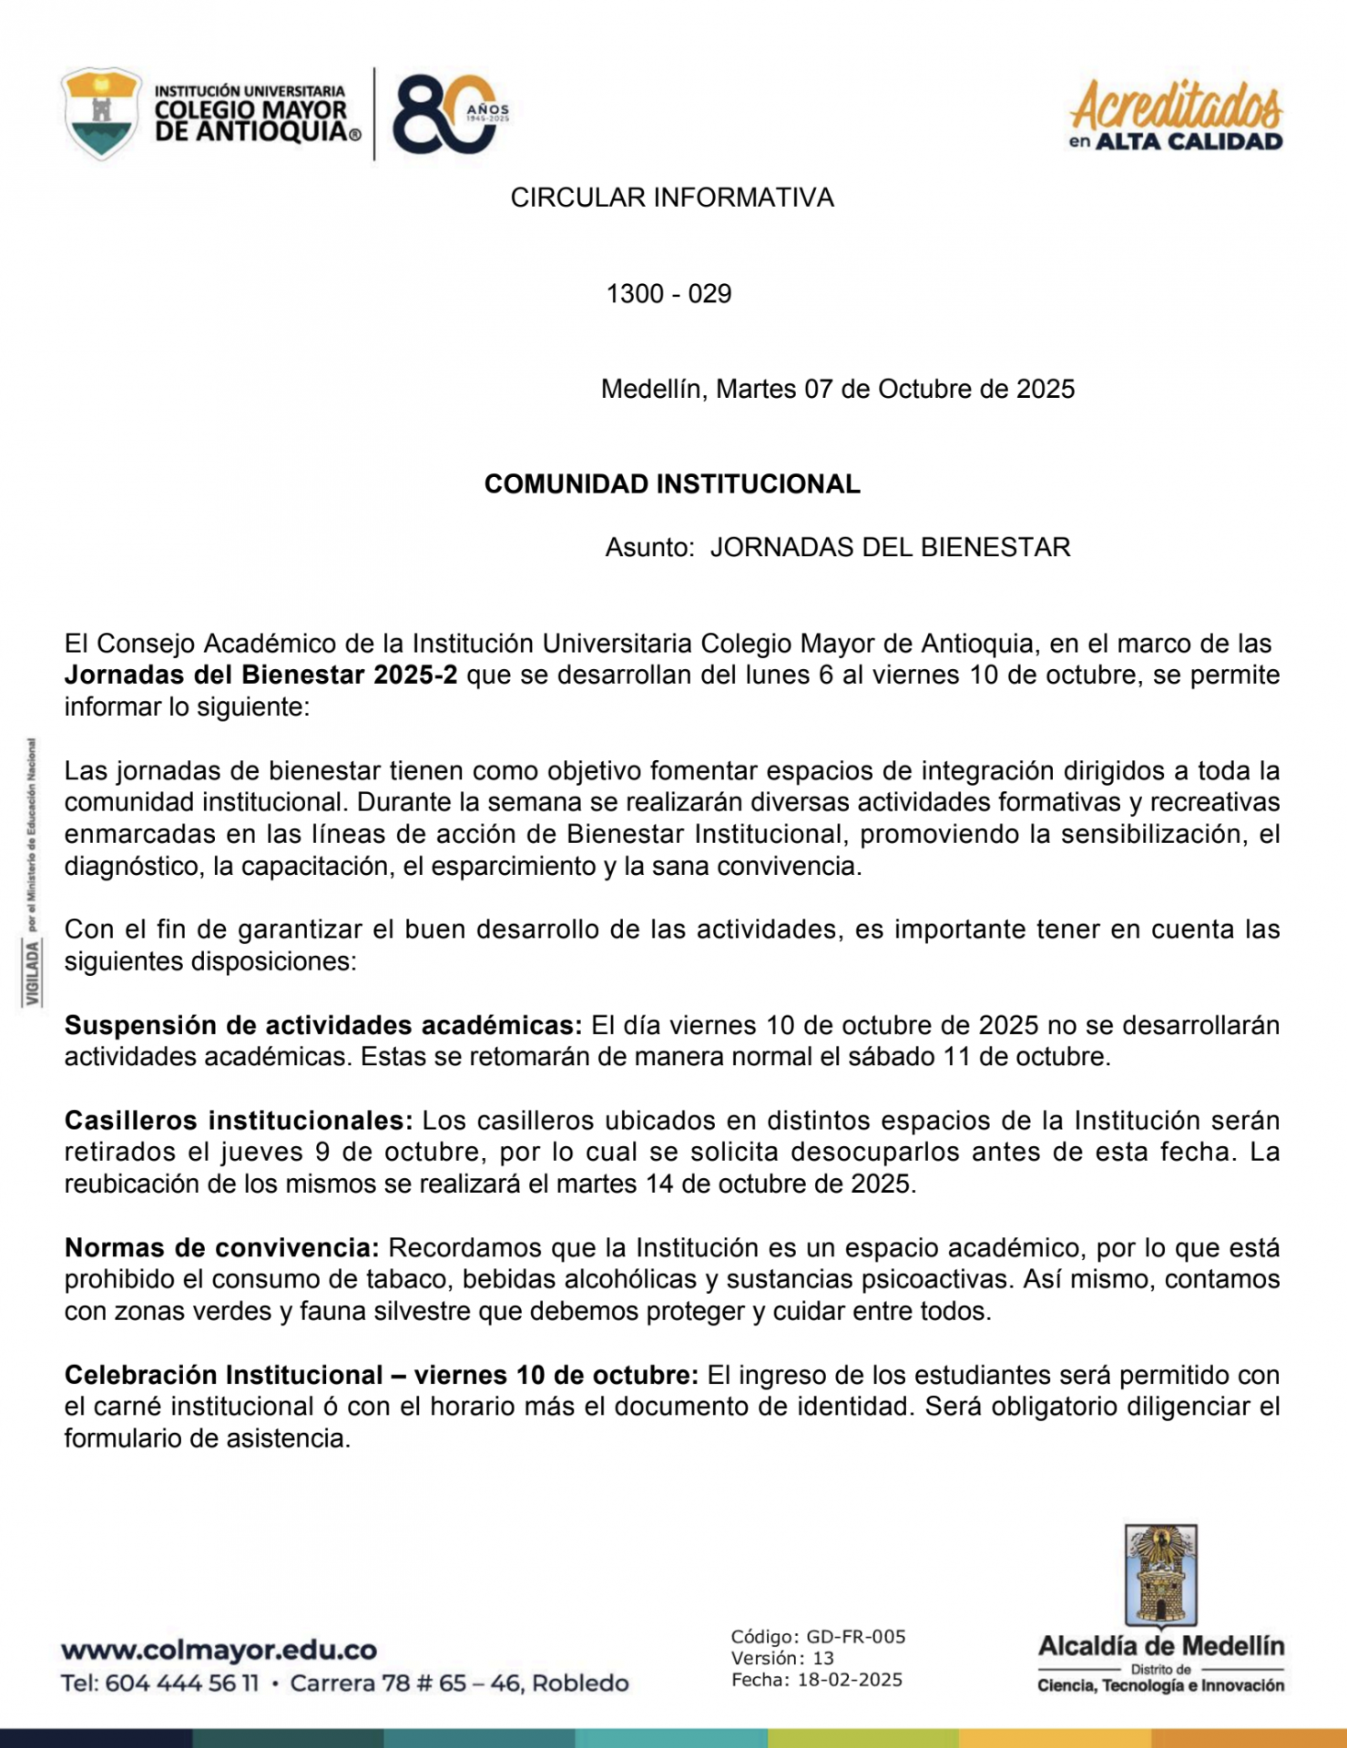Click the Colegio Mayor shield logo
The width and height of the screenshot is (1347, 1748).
(x=101, y=113)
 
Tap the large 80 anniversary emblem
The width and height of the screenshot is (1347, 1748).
(x=446, y=114)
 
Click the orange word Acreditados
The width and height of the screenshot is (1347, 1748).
(x=1176, y=106)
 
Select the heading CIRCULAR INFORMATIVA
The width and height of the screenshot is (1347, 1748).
(x=671, y=198)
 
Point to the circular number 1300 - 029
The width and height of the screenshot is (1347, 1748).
(x=668, y=294)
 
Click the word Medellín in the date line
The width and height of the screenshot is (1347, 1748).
(x=653, y=390)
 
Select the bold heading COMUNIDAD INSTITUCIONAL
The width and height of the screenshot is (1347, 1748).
(x=671, y=484)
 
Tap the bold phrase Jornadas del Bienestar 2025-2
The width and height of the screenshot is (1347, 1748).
(x=260, y=676)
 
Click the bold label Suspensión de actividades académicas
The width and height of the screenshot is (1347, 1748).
(x=322, y=1026)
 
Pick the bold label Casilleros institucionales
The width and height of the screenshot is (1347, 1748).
(x=239, y=1121)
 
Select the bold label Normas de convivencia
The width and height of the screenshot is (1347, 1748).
(x=221, y=1248)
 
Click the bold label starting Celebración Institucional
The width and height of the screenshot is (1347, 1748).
(x=381, y=1376)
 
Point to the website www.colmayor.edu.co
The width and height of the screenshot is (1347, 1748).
(x=219, y=1650)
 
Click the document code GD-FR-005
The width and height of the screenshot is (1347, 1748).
(x=855, y=1637)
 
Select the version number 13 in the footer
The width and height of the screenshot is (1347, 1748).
(x=822, y=1658)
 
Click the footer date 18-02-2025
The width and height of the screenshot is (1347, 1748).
(x=849, y=1680)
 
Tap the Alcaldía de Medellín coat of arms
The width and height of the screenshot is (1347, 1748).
(x=1160, y=1577)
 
